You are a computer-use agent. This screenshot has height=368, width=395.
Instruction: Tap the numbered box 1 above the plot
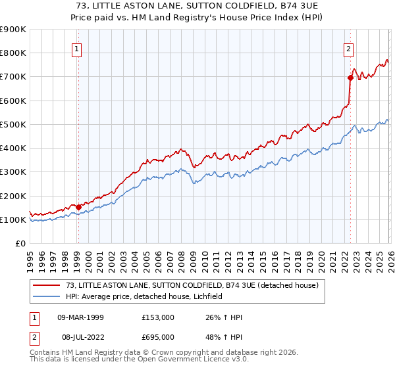(77, 48)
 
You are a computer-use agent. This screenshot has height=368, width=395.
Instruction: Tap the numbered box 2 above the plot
(348, 48)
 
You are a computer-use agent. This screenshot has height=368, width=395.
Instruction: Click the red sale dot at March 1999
(78, 207)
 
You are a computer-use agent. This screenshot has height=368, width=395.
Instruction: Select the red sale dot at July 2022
(350, 78)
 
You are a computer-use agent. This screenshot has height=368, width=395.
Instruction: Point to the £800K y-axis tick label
(13, 53)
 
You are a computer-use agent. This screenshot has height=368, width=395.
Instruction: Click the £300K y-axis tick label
(13, 172)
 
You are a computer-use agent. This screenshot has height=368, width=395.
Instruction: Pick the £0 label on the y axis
(20, 244)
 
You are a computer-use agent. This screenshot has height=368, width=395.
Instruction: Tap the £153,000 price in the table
(157, 317)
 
